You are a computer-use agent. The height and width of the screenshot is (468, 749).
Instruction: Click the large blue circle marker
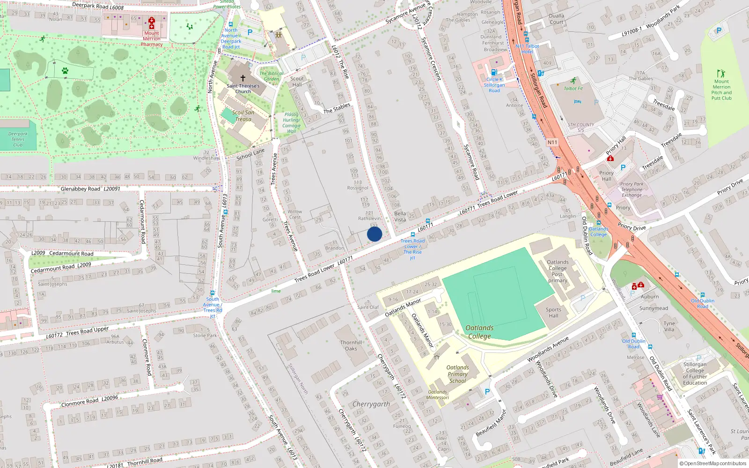click(374, 234)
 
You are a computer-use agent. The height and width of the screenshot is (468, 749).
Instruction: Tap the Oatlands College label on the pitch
click(479, 332)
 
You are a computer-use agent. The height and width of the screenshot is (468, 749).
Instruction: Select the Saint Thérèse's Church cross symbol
click(242, 78)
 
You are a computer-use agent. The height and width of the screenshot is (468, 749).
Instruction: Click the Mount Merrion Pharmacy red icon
click(152, 21)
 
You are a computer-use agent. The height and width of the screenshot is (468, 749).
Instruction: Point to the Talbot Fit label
click(573, 88)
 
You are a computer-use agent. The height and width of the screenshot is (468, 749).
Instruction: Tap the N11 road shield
click(552, 142)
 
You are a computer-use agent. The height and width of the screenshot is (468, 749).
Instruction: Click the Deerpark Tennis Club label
click(18, 139)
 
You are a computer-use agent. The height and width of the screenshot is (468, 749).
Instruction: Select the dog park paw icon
click(65, 71)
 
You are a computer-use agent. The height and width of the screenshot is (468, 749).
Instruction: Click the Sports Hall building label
click(553, 313)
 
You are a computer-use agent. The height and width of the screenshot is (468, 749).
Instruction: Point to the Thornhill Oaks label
click(351, 345)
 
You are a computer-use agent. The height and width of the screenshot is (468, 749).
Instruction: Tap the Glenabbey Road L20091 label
click(90, 189)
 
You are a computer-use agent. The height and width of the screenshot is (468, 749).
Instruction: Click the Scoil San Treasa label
click(243, 116)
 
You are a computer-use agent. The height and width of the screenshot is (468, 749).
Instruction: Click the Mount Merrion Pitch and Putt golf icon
click(721, 73)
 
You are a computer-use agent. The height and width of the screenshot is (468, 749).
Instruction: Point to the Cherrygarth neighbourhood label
click(371, 404)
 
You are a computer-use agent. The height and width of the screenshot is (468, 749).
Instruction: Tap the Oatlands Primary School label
click(457, 374)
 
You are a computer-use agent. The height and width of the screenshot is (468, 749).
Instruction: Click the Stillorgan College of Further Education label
click(695, 373)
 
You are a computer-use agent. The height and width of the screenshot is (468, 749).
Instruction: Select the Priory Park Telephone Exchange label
click(632, 189)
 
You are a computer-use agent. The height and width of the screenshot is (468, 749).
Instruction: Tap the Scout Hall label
click(297, 81)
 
